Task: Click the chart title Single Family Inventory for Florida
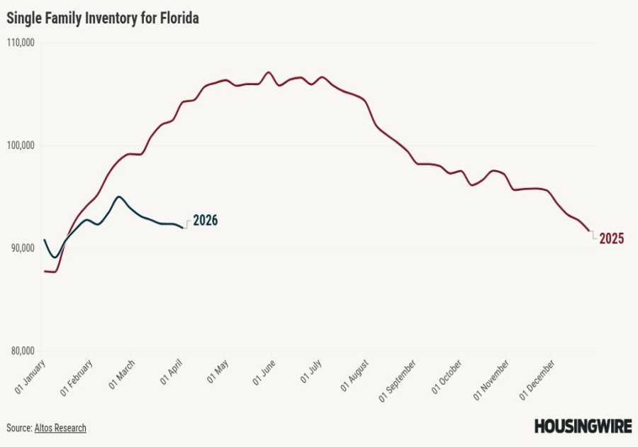tap(103, 19)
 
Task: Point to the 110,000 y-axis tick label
tap(22, 43)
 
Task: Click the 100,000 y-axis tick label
tap(22, 145)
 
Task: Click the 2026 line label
tap(205, 221)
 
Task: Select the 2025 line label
tap(611, 239)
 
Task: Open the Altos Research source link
tap(60, 428)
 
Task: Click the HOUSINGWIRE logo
tap(582, 426)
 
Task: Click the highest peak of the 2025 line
tap(268, 72)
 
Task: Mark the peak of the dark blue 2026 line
tap(119, 197)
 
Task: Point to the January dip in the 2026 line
tap(55, 257)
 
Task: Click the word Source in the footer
tap(18, 428)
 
